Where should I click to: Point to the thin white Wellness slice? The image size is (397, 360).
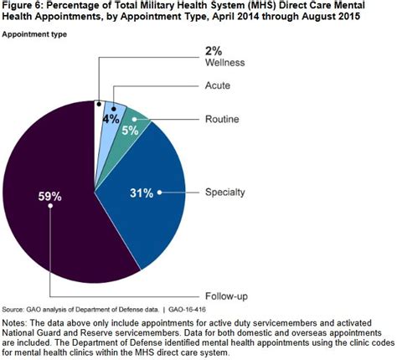(99, 117)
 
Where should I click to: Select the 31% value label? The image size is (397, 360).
(141, 193)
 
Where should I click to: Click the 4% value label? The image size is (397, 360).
(110, 120)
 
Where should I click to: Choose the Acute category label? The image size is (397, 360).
(219, 86)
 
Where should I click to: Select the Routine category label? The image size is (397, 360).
(222, 120)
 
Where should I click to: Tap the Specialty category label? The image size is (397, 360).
(224, 193)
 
